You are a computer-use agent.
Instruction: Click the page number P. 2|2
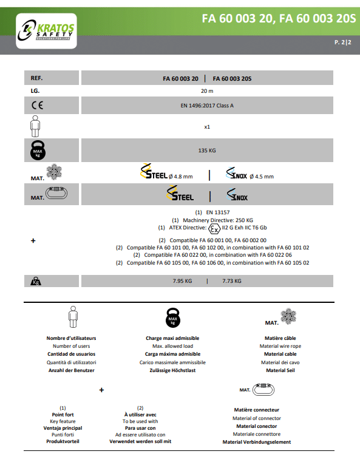click(x=343, y=43)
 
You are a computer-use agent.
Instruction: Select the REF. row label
click(x=37, y=78)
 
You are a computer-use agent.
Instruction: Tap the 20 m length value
click(x=207, y=91)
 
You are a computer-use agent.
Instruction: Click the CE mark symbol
click(x=37, y=105)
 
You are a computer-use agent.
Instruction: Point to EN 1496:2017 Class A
click(x=207, y=105)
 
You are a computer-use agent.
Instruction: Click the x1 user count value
click(x=207, y=127)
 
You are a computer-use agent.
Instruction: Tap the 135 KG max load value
click(x=207, y=149)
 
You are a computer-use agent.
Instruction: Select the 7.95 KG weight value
click(x=182, y=281)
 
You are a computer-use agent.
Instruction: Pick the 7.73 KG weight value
click(x=232, y=281)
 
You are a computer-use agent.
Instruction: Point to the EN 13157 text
click(x=212, y=212)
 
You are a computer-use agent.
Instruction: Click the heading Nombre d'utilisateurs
click(x=71, y=338)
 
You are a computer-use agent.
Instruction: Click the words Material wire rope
click(x=280, y=346)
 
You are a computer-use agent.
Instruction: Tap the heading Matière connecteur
click(x=256, y=410)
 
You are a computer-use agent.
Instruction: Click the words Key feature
click(x=63, y=421)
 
